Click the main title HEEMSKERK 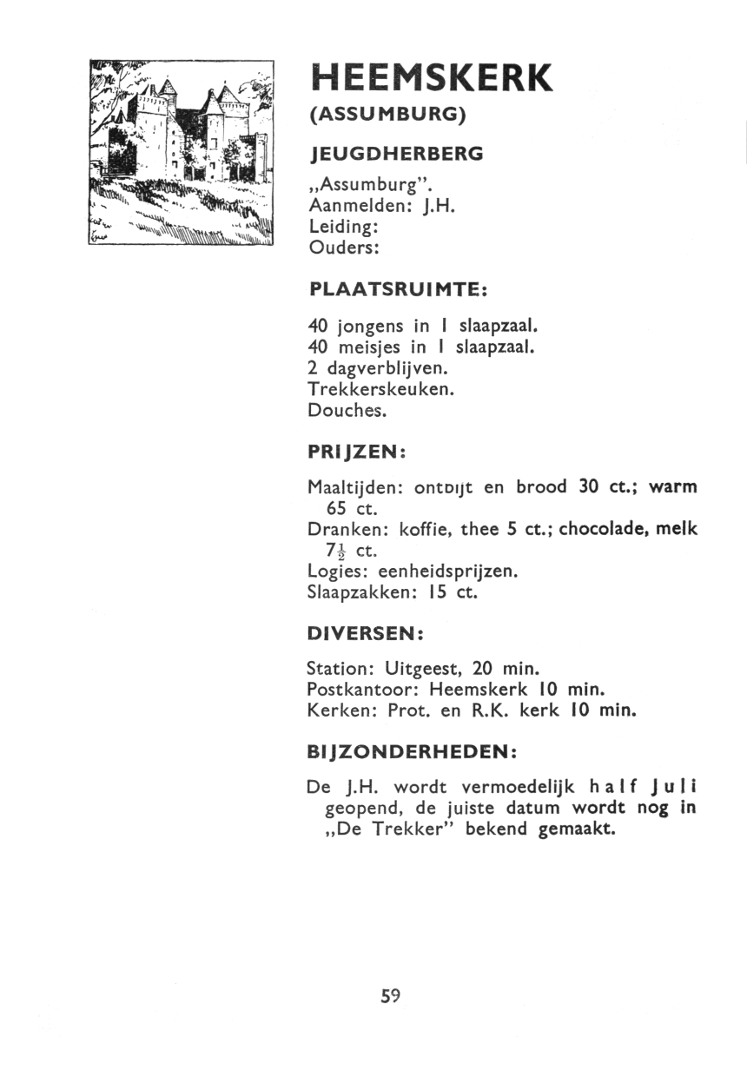pos(431,79)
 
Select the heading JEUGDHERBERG pos(395,155)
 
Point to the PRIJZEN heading pos(358,453)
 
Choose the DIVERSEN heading pos(365,634)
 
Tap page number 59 pos(390,996)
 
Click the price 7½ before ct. pos(337,551)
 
